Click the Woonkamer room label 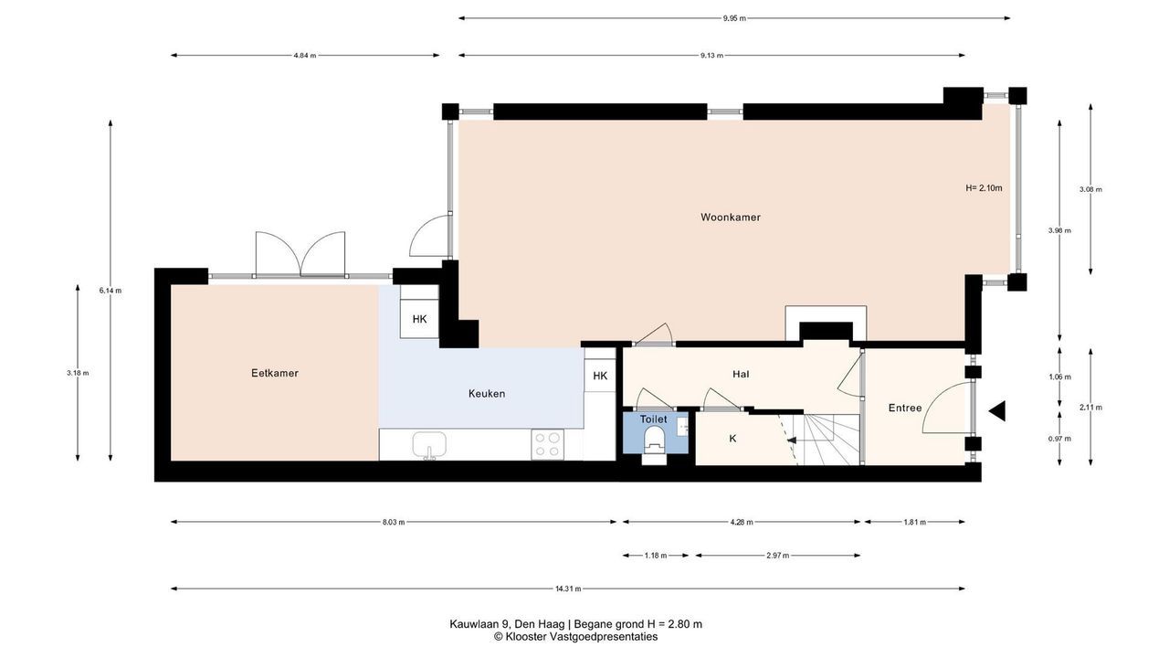[730, 218]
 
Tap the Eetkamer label [275, 374]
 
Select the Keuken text [487, 394]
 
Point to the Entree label [905, 408]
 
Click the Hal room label [741, 375]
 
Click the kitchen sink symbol [429, 445]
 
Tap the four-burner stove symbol [547, 444]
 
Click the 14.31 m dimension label [568, 589]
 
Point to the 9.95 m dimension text [734, 18]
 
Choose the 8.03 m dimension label [394, 522]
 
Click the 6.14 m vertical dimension [111, 291]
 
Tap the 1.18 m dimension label [656, 556]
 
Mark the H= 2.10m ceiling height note [984, 188]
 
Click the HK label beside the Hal [600, 376]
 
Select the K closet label [732, 439]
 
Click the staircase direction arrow [792, 440]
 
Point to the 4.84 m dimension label [305, 56]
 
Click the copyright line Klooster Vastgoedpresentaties [576, 637]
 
